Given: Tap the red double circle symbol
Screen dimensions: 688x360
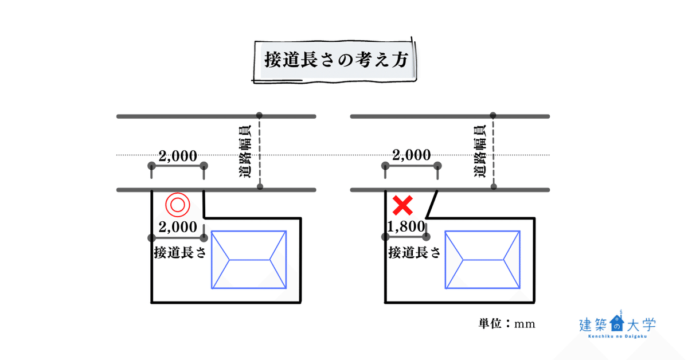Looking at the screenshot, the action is click(x=177, y=204).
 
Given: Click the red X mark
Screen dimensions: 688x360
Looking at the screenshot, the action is click(x=404, y=204).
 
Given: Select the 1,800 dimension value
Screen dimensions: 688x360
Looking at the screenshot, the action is click(x=406, y=227).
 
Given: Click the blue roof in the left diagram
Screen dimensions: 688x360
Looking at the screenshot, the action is click(x=249, y=260).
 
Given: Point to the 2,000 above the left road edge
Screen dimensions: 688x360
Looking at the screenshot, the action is click(x=178, y=156).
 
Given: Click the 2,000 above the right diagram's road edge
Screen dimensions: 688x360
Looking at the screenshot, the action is click(x=411, y=156).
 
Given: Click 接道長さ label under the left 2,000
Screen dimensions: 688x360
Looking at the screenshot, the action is click(x=179, y=252).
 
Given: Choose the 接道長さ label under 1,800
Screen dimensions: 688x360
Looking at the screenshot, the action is click(x=414, y=252).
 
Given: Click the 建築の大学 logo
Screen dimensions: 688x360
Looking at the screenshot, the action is click(x=617, y=326).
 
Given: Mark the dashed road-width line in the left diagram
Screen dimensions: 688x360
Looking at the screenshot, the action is click(x=260, y=152).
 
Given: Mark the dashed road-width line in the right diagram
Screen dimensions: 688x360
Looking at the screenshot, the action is click(x=493, y=152).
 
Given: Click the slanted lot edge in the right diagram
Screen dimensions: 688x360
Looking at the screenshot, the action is click(x=434, y=204).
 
